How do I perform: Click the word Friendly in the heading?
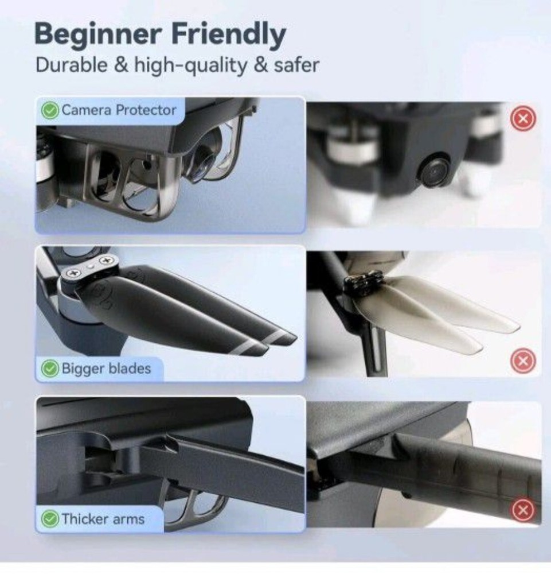pos(229,36)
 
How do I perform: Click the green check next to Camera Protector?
pos(51,110)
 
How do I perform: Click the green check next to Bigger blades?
pos(51,369)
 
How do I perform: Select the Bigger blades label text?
pos(106,369)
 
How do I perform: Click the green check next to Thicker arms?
pos(51,519)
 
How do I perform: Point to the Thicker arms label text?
pos(103,519)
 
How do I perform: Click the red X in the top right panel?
pos(522,119)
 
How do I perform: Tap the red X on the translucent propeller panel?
pos(522,361)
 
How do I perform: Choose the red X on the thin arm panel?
pos(522,509)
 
